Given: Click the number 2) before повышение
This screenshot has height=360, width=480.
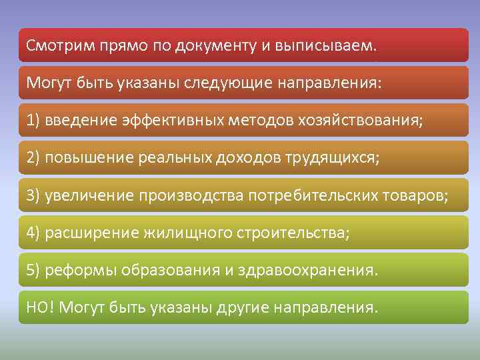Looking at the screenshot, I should click(34, 159).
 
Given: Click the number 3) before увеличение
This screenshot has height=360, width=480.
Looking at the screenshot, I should click(34, 196).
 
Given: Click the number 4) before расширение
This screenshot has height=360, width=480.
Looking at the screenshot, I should click(34, 233).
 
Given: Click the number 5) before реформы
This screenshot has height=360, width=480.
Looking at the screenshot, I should click(34, 271).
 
